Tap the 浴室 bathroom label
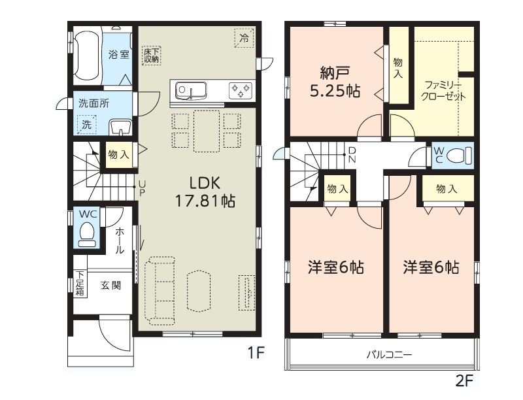click(119, 54)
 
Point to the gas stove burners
click(240, 90)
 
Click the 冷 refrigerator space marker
click(244, 38)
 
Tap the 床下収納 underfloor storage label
click(152, 56)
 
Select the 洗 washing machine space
click(87, 125)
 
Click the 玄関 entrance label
click(110, 286)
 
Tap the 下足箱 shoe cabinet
click(80, 283)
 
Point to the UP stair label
click(143, 189)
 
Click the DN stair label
click(352, 155)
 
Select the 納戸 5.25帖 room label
click(335, 82)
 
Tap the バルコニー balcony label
click(389, 354)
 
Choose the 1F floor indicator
click(256, 352)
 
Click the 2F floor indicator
click(465, 380)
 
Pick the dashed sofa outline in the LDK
click(160, 291)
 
